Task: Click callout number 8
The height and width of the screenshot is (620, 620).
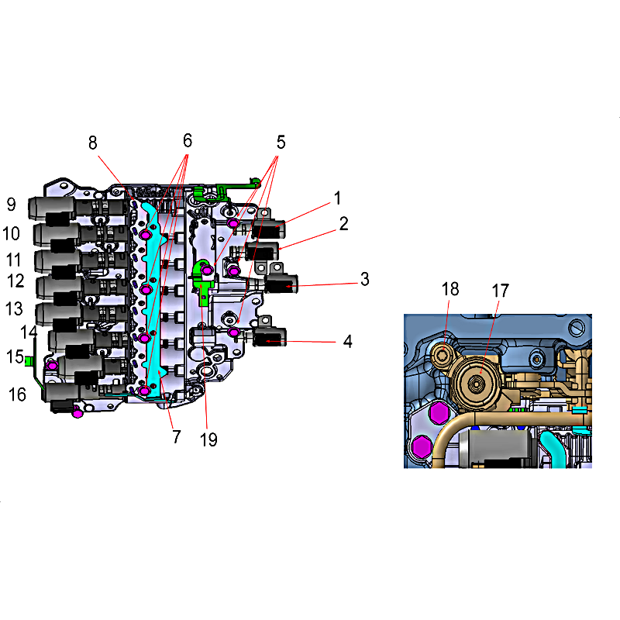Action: (92, 143)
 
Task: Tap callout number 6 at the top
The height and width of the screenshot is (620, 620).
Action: (188, 141)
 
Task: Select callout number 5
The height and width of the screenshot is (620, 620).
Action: (281, 143)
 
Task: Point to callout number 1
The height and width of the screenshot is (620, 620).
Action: (337, 198)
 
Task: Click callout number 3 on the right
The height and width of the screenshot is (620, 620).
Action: (364, 279)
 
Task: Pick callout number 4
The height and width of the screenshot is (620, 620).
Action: (347, 341)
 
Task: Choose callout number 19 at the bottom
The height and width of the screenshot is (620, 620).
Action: (208, 439)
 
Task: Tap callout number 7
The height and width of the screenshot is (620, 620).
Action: (177, 437)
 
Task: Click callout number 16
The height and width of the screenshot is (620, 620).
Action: (17, 394)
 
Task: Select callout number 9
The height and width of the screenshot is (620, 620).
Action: (12, 205)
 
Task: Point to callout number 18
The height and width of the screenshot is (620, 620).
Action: (450, 289)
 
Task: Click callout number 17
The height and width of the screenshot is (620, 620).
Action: (500, 291)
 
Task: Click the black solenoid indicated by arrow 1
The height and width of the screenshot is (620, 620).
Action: (268, 228)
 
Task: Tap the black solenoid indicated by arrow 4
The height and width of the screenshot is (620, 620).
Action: (269, 337)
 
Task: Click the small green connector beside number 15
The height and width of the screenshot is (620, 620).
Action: (28, 360)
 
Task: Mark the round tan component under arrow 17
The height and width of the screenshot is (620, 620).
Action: (476, 382)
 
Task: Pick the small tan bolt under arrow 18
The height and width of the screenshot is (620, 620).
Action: (441, 355)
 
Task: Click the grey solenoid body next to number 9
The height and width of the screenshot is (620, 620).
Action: (52, 207)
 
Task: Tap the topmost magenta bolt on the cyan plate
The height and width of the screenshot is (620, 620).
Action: (146, 235)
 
